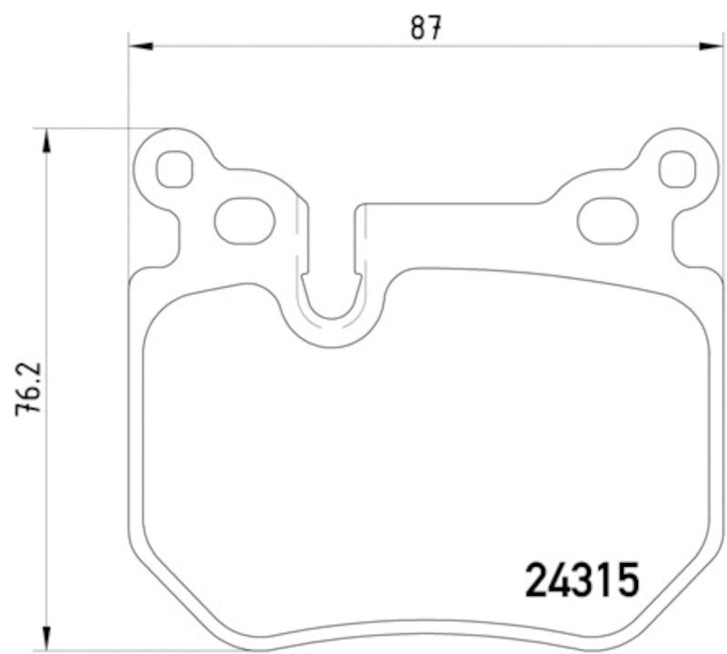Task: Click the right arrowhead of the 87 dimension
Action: pyautogui.click(x=708, y=45)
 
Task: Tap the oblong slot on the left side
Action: pyautogui.click(x=244, y=220)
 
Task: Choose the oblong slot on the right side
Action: pyautogui.click(x=608, y=220)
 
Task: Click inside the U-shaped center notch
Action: pyautogui.click(x=331, y=291)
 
